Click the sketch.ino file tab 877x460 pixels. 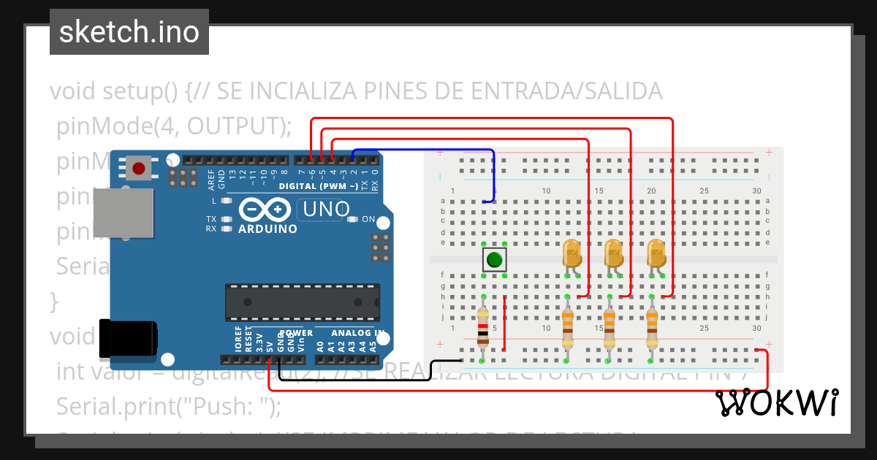[129, 32]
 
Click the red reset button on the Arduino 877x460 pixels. [138, 169]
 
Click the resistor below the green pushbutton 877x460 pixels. [482, 326]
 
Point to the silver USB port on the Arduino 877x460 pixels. [123, 212]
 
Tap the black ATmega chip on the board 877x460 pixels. [302, 302]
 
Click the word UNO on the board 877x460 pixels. [326, 210]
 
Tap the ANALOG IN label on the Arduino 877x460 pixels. [358, 334]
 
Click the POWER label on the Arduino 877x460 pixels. [296, 334]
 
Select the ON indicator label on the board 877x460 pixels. [368, 219]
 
